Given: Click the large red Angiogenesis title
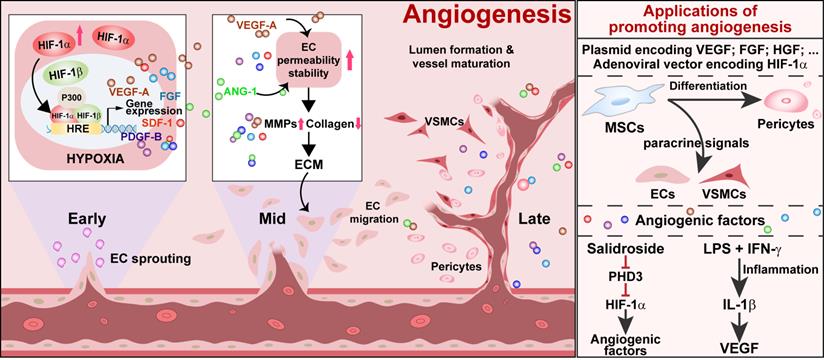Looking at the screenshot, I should click(488, 17).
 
